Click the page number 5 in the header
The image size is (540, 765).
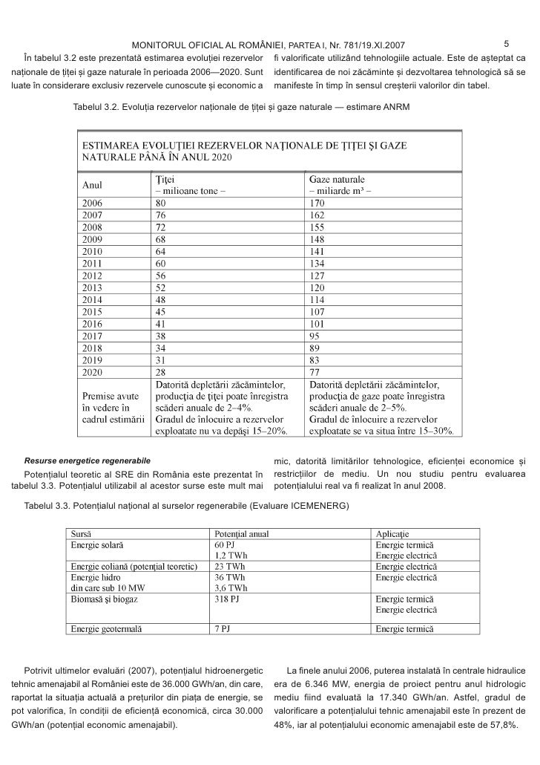(506, 43)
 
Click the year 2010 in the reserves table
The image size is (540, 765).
(92, 252)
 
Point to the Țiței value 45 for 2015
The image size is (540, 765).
(160, 310)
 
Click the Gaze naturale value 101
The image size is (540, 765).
(317, 323)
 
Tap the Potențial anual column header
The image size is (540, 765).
(240, 534)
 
